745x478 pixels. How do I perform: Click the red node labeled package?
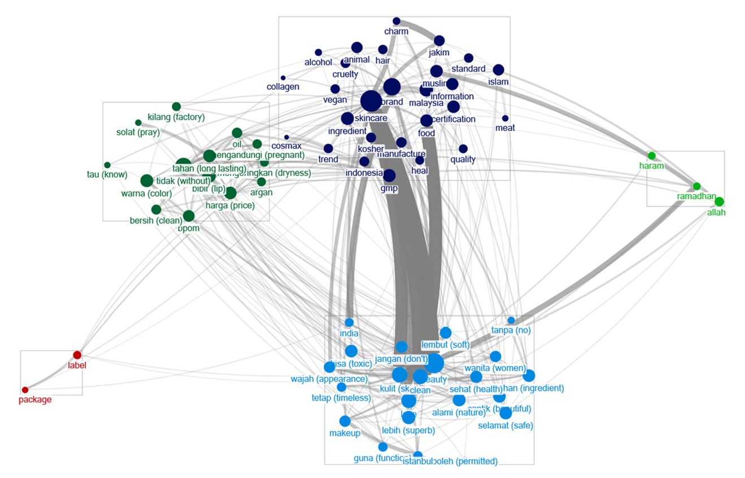[x=25, y=390]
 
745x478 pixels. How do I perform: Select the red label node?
[x=77, y=355]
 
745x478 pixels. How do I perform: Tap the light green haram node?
[x=651, y=156]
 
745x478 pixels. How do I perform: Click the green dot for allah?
[x=719, y=201]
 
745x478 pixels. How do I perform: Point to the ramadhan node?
[x=696, y=186]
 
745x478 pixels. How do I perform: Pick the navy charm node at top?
[x=397, y=21]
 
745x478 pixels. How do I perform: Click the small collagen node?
[x=283, y=78]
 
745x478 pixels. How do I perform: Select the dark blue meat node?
[x=505, y=119]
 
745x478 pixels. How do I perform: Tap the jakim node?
[x=439, y=41]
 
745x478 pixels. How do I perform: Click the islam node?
[x=498, y=70]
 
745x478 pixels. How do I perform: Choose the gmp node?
[x=389, y=176]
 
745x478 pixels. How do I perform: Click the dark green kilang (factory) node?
[x=176, y=107]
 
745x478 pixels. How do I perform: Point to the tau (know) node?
[x=107, y=165]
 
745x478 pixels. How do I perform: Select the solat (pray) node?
[x=138, y=122]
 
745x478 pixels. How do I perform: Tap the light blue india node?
[x=349, y=322]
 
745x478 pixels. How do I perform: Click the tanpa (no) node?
[x=511, y=321]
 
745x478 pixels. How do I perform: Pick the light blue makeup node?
[x=345, y=421]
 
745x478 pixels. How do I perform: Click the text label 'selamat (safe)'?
[x=506, y=426]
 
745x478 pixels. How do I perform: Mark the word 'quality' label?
[x=463, y=159]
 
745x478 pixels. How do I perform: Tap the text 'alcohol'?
[x=319, y=63]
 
